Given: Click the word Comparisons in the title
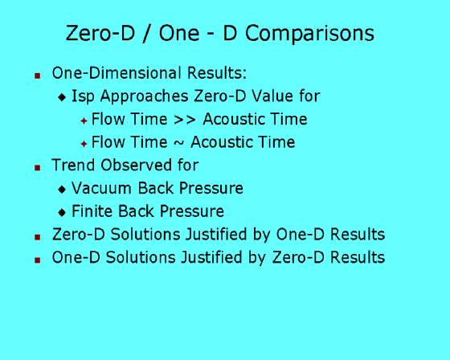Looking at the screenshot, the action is (x=309, y=34).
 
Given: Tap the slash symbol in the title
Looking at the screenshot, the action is (x=146, y=33).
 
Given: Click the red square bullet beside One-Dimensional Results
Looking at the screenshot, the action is (x=37, y=76).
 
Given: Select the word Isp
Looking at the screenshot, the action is (x=83, y=96).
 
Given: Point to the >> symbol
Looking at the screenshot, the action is (x=185, y=120).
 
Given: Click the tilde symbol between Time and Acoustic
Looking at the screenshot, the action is (x=178, y=143).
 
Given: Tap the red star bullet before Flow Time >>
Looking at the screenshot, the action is (x=84, y=121).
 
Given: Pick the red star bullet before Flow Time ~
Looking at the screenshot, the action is (x=84, y=144).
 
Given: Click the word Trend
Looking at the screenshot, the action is (x=73, y=165).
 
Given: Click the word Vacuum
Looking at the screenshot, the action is (x=102, y=188).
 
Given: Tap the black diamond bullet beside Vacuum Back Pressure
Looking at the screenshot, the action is (x=62, y=189).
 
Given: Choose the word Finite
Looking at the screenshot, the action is (x=92, y=211).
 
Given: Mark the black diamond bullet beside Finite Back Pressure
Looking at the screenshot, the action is (x=62, y=212).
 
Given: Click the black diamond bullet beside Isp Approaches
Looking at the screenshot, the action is (x=62, y=97).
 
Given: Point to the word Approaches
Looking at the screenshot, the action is (x=144, y=96).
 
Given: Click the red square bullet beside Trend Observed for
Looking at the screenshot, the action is (x=37, y=168).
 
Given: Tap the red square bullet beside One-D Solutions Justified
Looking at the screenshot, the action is (x=37, y=260).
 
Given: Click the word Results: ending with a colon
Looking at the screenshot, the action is (x=217, y=73).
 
